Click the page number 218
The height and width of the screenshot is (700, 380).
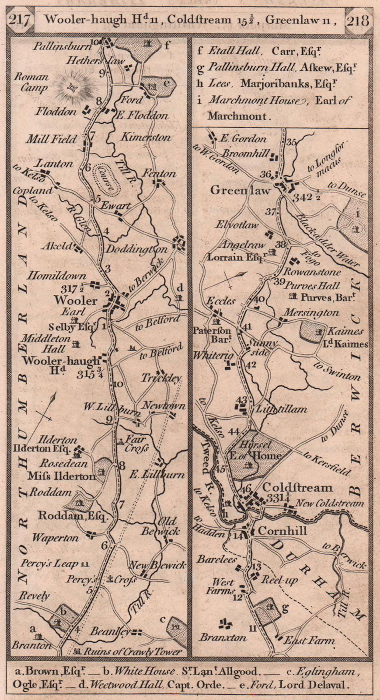[358, 20]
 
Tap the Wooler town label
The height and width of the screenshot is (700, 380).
[76, 301]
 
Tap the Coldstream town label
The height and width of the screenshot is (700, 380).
[297, 487]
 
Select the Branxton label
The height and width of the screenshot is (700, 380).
[223, 637]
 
